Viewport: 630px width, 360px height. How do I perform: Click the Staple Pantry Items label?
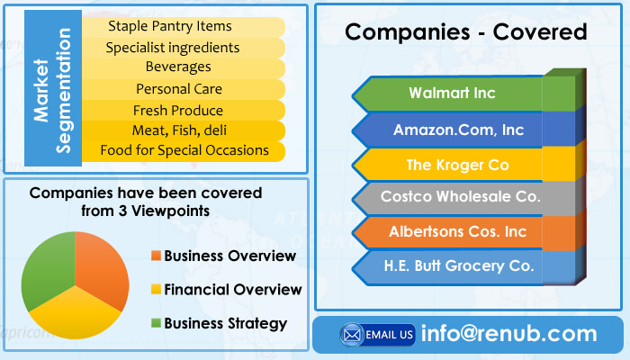(x=170, y=26)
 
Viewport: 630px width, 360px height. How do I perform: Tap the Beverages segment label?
(x=178, y=67)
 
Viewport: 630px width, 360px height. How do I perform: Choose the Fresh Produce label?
(x=178, y=110)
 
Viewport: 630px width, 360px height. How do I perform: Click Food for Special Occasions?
(x=184, y=150)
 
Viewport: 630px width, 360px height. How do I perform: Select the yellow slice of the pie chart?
(x=75, y=314)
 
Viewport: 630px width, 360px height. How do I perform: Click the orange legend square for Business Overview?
(x=156, y=255)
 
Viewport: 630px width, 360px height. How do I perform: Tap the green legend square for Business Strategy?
(x=156, y=322)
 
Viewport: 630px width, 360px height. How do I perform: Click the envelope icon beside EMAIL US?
(x=352, y=335)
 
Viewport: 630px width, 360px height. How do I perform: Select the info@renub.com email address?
(x=509, y=334)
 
